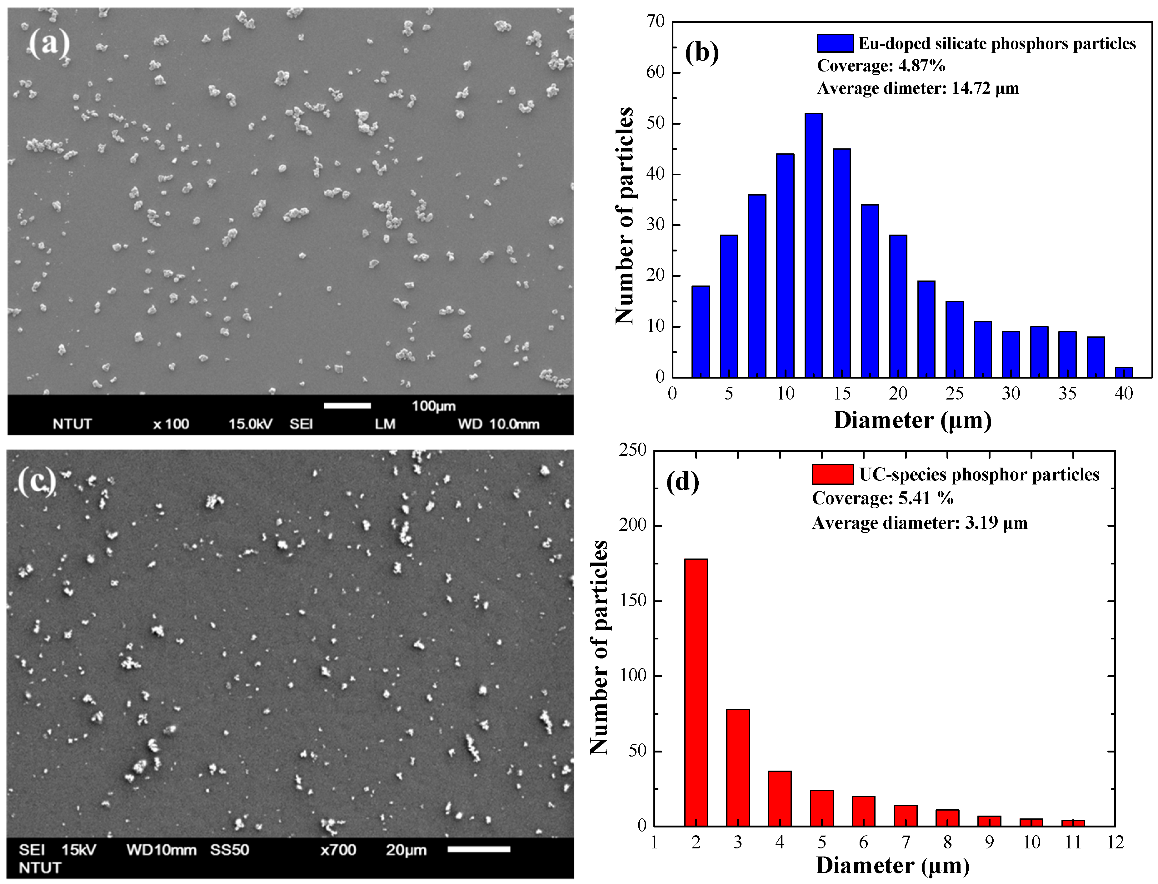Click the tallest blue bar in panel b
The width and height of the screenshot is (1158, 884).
pos(813,245)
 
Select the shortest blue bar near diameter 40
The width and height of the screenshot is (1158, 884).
pos(1124,371)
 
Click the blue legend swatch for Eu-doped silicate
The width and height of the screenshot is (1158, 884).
pos(835,43)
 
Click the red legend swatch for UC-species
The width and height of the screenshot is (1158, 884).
pos(832,474)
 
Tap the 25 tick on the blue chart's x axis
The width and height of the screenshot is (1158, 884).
pos(954,393)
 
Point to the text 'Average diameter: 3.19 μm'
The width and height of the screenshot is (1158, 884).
pos(920,523)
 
